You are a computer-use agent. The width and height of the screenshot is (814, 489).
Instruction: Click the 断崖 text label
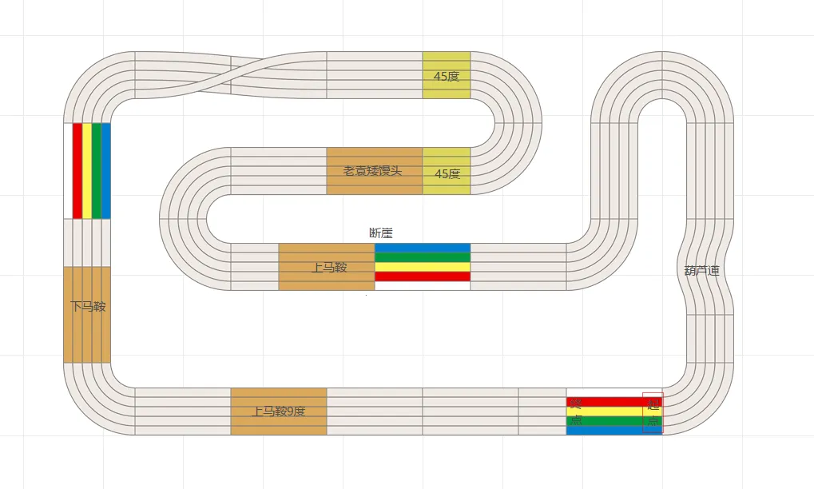(381, 233)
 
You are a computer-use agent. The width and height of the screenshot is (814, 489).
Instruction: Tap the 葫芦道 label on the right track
(702, 271)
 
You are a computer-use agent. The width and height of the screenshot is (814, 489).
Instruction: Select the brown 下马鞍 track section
(87, 314)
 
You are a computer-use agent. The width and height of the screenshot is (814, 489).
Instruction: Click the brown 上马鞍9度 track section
(279, 411)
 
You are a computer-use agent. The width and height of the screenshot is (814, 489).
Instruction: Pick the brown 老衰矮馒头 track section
(374, 171)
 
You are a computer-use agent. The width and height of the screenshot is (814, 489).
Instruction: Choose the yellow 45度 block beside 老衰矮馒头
(447, 171)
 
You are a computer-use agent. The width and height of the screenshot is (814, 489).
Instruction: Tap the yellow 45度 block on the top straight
(447, 75)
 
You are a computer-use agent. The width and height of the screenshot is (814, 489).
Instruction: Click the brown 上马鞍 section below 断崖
(327, 267)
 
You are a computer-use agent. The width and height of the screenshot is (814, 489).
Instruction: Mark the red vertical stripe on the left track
(77, 171)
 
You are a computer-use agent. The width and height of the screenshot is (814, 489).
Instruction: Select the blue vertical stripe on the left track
(106, 171)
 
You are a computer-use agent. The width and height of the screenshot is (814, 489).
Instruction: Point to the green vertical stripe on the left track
(97, 171)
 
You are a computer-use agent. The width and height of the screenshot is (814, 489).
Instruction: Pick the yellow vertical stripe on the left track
(87, 171)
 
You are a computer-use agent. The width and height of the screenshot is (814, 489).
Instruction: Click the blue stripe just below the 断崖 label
(423, 248)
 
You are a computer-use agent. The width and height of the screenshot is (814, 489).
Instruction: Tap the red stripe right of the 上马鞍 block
(423, 276)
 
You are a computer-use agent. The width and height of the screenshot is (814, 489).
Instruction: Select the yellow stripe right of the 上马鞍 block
(423, 267)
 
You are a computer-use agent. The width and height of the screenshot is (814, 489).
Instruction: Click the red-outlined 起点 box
(653, 413)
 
